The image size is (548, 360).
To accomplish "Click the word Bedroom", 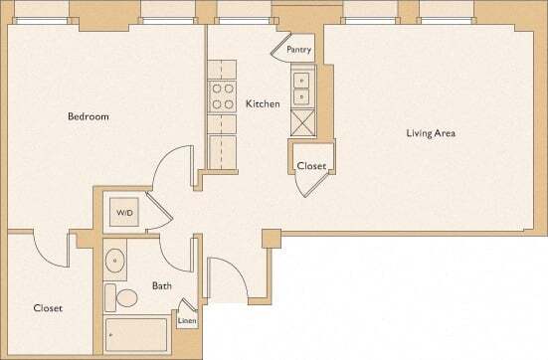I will [x=88, y=117].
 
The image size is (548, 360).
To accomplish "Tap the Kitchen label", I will [x=263, y=103].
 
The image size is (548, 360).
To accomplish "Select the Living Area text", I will [x=430, y=133].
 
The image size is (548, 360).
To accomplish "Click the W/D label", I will [x=124, y=214].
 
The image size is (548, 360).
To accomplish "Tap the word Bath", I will [x=161, y=286].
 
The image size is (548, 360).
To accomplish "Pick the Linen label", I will [x=186, y=321].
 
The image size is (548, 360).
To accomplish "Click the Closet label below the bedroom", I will [x=48, y=308].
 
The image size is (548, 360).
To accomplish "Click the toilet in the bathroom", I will [x=126, y=296].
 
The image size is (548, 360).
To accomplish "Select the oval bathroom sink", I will [x=116, y=263].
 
